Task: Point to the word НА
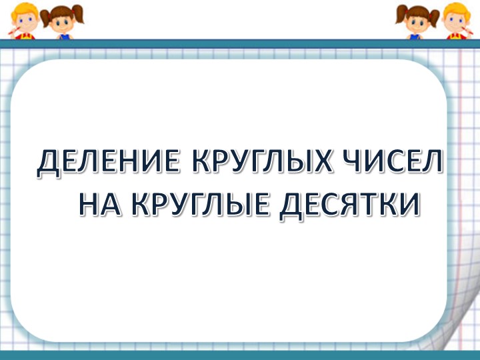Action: pyautogui.click(x=99, y=203)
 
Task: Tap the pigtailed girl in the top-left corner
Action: pyautogui.click(x=61, y=20)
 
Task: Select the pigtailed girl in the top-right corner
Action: pyautogui.click(x=418, y=20)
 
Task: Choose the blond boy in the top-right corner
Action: pyautogui.click(x=458, y=20)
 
